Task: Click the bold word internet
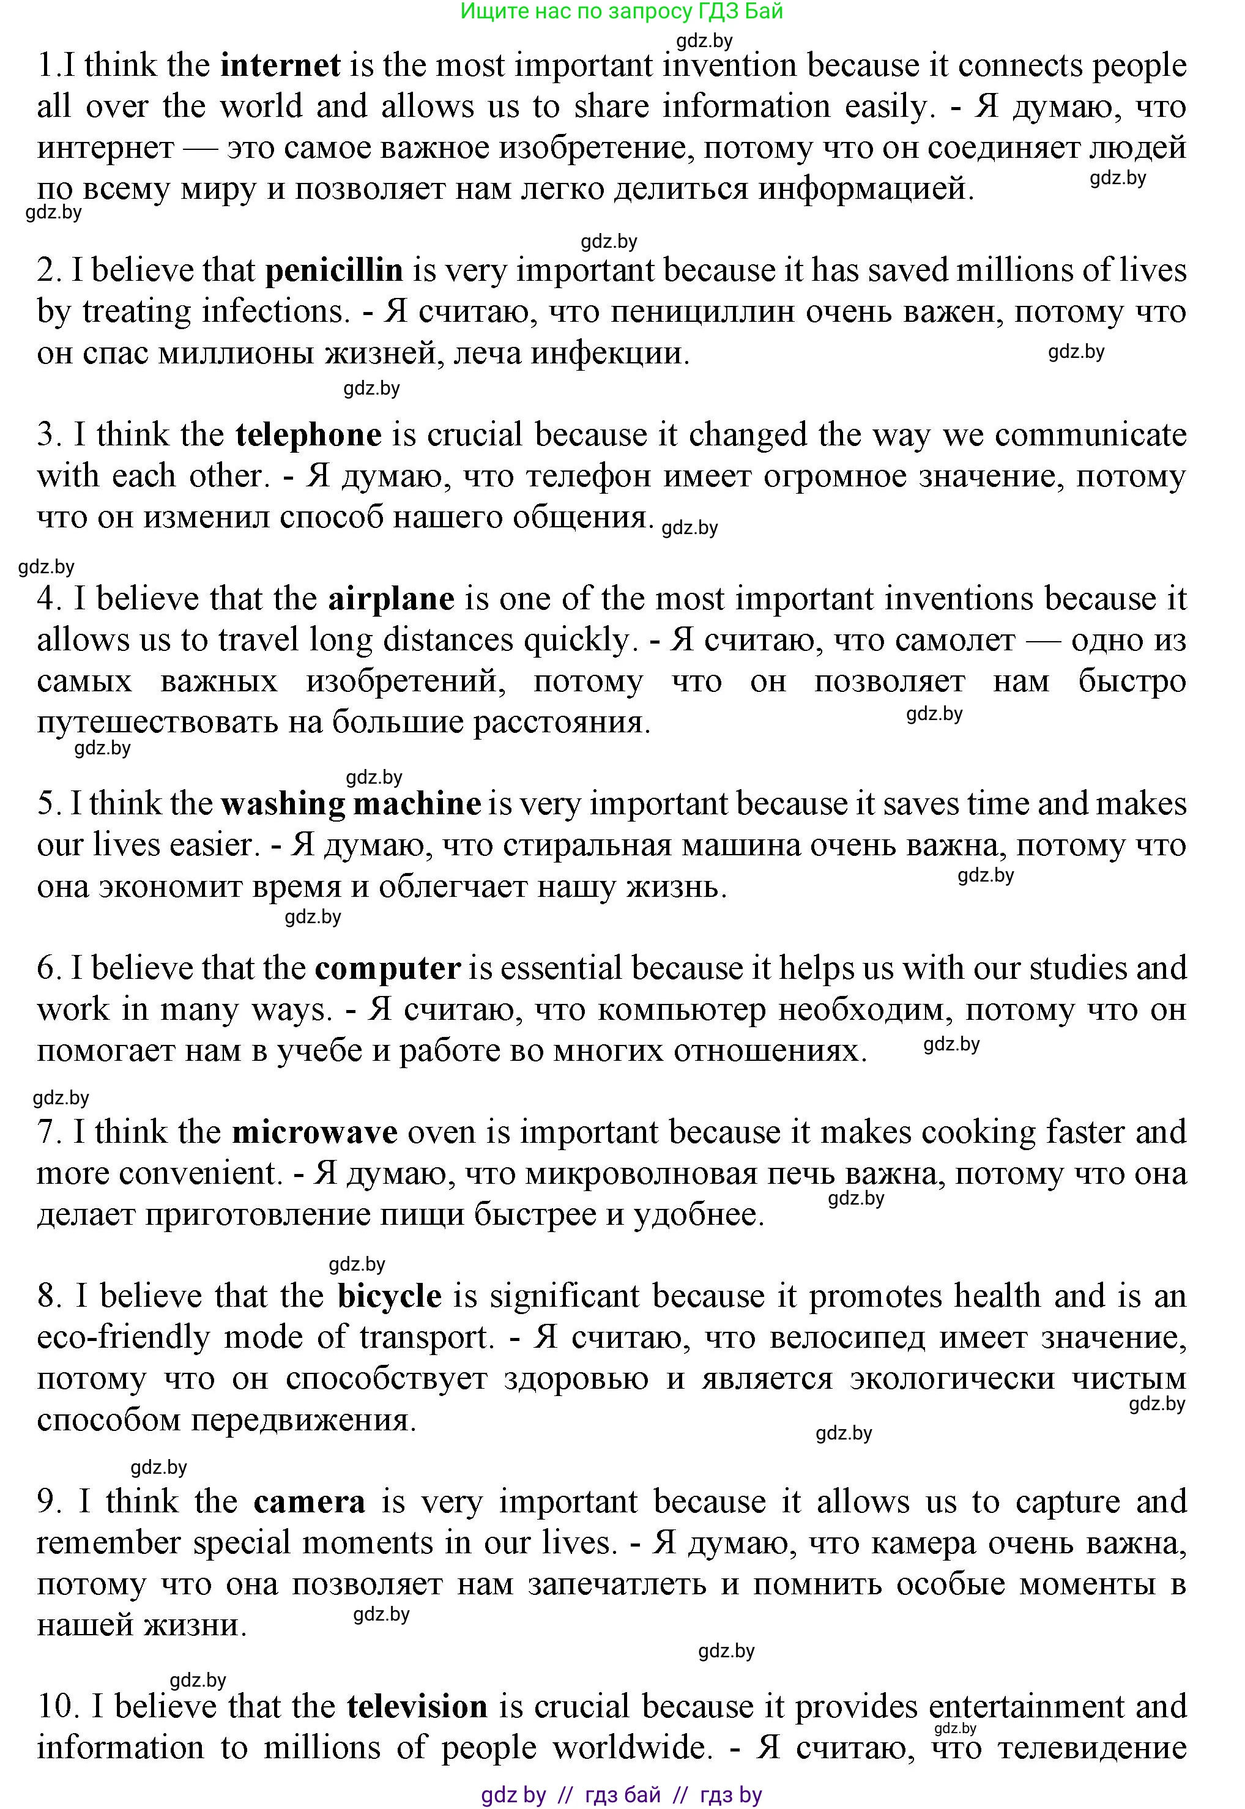pos(280,65)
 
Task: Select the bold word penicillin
pos(334,270)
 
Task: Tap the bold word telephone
pos(308,434)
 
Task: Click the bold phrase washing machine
pos(351,803)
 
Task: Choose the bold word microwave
pos(314,1132)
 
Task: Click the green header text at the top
pos(622,11)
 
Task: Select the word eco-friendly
pos(122,1338)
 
